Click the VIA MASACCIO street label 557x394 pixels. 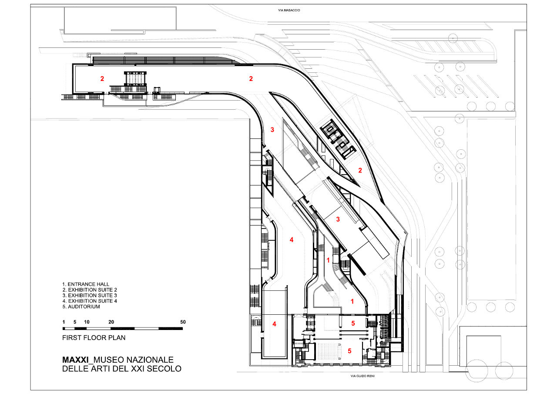(289, 10)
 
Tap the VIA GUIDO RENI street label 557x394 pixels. (362, 376)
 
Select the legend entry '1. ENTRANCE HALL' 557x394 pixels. (86, 284)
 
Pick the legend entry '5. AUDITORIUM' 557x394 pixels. (81, 306)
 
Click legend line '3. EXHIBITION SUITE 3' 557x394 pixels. (90, 295)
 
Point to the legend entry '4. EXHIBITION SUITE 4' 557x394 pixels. (90, 301)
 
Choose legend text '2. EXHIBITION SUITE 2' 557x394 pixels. (90, 290)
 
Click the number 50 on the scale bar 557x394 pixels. (183, 322)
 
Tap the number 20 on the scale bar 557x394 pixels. (111, 322)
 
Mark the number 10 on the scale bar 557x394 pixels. (87, 322)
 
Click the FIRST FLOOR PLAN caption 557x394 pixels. (94, 337)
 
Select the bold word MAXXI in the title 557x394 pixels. (75, 360)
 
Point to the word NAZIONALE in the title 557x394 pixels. (150, 360)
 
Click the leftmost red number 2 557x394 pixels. (102, 79)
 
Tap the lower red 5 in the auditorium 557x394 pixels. (349, 351)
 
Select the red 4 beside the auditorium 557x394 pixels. (274, 324)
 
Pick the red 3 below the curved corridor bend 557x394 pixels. (272, 130)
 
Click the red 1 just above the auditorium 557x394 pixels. (352, 301)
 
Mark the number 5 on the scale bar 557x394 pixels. (75, 322)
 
